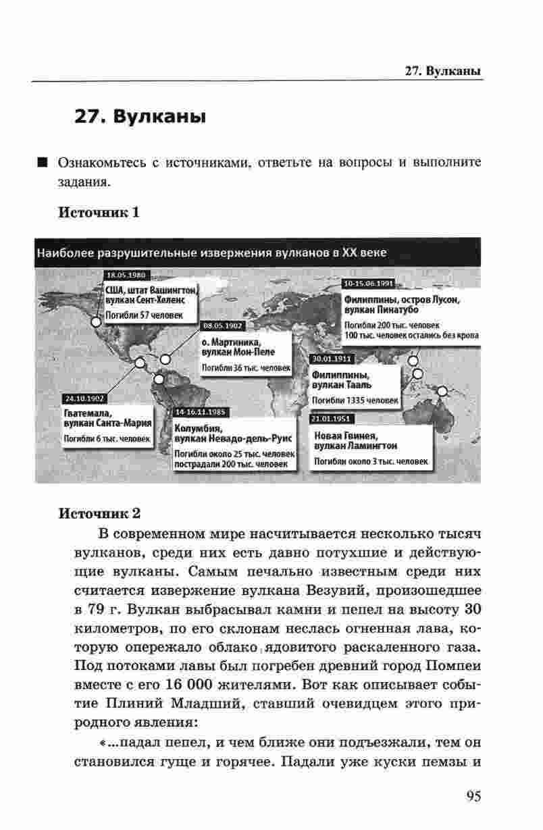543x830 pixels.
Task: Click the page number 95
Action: click(x=473, y=796)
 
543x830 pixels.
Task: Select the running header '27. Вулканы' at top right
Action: click(x=442, y=71)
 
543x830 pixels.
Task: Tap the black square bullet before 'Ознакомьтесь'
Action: click(x=43, y=163)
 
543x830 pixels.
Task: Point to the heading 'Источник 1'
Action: click(x=99, y=213)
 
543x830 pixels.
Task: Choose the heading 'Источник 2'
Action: click(x=100, y=513)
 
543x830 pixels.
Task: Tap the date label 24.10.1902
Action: click(x=82, y=398)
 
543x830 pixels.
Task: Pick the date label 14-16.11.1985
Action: click(x=203, y=411)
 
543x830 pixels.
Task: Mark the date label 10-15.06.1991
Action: click(x=368, y=284)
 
